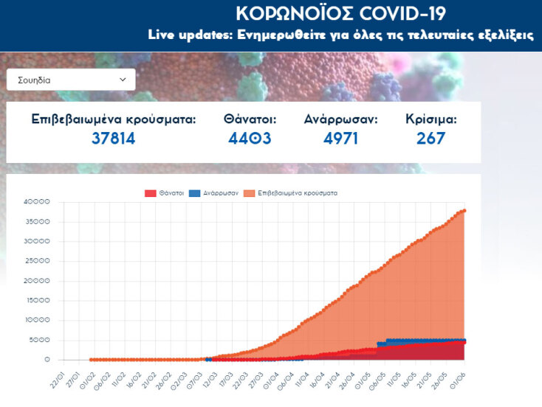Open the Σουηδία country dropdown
(x=70, y=80)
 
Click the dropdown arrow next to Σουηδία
(x=123, y=80)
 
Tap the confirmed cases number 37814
(x=114, y=138)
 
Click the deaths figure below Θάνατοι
(x=250, y=138)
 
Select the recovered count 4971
(x=340, y=138)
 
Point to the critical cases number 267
(x=430, y=138)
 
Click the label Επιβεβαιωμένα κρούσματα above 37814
(x=114, y=119)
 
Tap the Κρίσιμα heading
(x=430, y=119)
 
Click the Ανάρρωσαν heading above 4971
(x=340, y=119)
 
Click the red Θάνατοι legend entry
(x=162, y=193)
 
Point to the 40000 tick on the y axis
(x=36, y=202)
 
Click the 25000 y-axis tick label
(x=36, y=261)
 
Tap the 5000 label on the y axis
(x=38, y=340)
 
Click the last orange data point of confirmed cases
(x=464, y=211)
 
